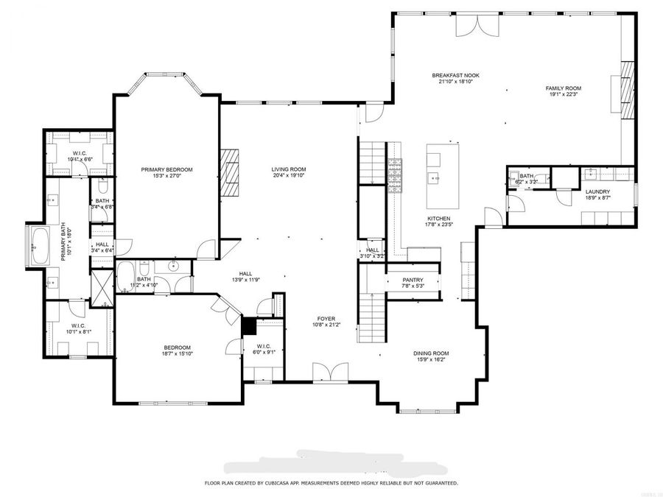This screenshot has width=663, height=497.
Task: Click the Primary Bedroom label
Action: click(166, 169)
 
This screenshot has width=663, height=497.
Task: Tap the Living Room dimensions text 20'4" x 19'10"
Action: click(288, 176)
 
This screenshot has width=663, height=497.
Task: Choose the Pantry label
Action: click(413, 280)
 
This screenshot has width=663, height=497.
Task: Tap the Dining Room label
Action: click(431, 353)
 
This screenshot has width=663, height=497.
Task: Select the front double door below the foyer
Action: click(326, 372)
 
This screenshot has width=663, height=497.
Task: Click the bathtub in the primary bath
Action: click(38, 247)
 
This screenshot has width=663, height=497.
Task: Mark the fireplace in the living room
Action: click(231, 173)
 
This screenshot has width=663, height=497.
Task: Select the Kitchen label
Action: click(438, 219)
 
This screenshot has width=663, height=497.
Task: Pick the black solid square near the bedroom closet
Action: click(250, 324)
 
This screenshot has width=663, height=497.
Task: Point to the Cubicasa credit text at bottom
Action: click(331, 483)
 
